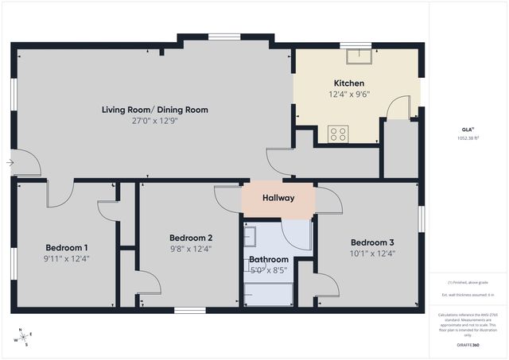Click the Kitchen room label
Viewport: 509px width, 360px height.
pos(348,83)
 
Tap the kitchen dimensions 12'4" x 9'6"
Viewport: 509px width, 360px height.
pos(348,95)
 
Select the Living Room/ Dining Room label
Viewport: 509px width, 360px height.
pos(154,110)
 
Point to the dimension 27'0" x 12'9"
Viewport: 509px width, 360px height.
pos(154,122)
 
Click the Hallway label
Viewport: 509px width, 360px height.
pos(278,199)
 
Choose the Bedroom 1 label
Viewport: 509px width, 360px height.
pos(67,247)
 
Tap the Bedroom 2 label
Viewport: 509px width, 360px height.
pos(191,238)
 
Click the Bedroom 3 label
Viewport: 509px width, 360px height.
pos(372,242)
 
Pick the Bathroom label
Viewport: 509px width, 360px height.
pos(268,259)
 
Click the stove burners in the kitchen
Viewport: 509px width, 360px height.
pos(338,134)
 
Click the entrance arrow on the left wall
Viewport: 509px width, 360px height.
pos(10,163)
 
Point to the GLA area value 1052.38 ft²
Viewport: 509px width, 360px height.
pos(468,137)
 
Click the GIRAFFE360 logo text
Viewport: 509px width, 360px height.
pos(468,346)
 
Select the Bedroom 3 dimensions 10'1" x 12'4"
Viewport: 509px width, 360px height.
pos(372,254)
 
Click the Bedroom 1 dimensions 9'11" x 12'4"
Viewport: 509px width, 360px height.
pos(67,258)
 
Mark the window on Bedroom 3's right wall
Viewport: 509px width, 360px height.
pos(422,219)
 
